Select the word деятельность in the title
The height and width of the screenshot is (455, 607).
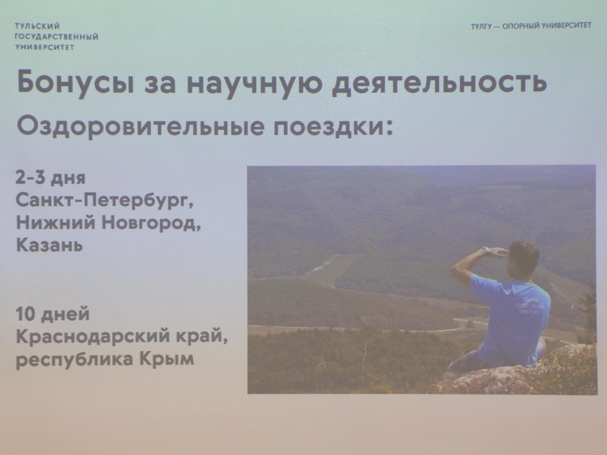tap(440, 83)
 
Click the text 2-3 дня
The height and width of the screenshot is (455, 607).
tap(51, 179)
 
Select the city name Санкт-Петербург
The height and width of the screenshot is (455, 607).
tap(106, 201)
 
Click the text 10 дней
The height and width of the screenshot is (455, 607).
tap(53, 315)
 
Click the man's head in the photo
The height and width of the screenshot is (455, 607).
tap(523, 257)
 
